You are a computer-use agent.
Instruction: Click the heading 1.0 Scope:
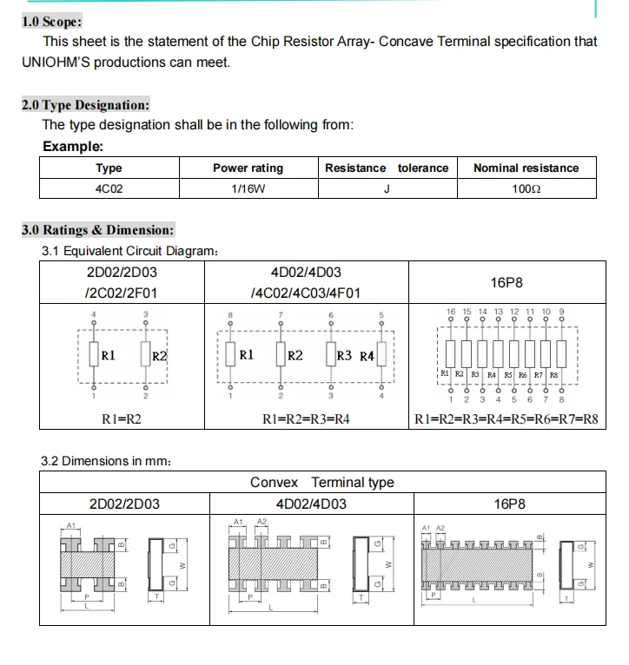52,22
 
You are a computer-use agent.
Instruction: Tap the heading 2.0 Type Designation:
85,105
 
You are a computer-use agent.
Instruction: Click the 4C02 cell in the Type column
109,188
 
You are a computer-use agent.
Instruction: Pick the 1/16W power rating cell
248,188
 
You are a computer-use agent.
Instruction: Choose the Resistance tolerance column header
387,168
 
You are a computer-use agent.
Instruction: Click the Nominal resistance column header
526,168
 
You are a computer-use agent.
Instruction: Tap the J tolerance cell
387,188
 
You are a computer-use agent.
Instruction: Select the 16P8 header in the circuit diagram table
506,283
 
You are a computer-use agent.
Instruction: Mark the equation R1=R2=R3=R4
306,419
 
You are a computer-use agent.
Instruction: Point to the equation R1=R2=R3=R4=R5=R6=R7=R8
507,419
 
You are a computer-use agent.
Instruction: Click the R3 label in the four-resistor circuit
344,355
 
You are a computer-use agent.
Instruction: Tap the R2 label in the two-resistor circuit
159,356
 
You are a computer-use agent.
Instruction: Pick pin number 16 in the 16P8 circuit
451,311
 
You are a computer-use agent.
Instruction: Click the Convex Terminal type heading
321,483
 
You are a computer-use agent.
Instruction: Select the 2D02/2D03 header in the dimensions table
124,504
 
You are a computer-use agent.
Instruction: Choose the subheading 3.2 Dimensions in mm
106,459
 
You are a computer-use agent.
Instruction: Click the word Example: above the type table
73,147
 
